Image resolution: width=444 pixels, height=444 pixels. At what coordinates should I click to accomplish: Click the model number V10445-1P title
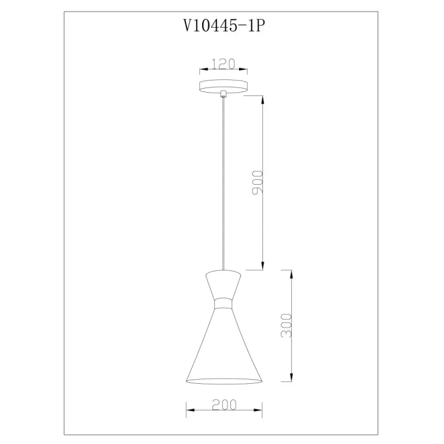coord(224,26)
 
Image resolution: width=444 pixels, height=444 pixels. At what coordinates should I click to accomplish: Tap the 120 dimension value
coord(223,64)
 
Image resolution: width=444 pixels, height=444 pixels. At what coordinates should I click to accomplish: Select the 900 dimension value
coord(258,182)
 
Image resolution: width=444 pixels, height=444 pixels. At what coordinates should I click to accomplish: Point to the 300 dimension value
coord(286,325)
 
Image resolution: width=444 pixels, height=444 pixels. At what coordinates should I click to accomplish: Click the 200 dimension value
coord(224,405)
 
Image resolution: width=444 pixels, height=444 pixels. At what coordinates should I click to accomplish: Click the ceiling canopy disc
coord(223,86)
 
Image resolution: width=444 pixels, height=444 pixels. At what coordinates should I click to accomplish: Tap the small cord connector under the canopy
coord(223,94)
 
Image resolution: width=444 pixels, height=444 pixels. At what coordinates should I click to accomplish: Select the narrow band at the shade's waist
coord(223,303)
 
